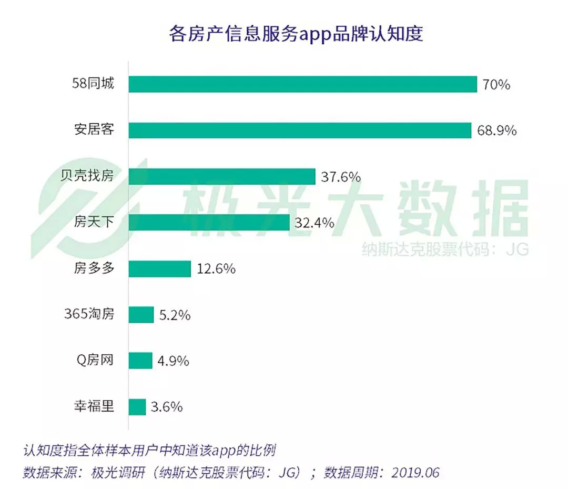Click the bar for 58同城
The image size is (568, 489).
click(x=302, y=84)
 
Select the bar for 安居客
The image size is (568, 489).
click(x=300, y=130)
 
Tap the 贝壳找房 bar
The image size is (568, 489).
click(x=222, y=176)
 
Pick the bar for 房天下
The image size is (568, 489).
click(x=209, y=222)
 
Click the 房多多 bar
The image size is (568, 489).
click(x=159, y=268)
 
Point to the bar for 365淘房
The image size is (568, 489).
click(x=141, y=315)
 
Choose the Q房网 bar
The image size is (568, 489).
click(x=140, y=361)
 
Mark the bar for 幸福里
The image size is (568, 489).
click(x=137, y=407)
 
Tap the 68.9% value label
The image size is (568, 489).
click(x=496, y=130)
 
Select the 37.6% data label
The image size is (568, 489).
click(x=340, y=176)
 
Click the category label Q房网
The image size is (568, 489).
click(x=95, y=361)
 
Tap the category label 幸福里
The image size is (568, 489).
click(x=94, y=406)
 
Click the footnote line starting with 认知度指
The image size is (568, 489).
click(x=150, y=451)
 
